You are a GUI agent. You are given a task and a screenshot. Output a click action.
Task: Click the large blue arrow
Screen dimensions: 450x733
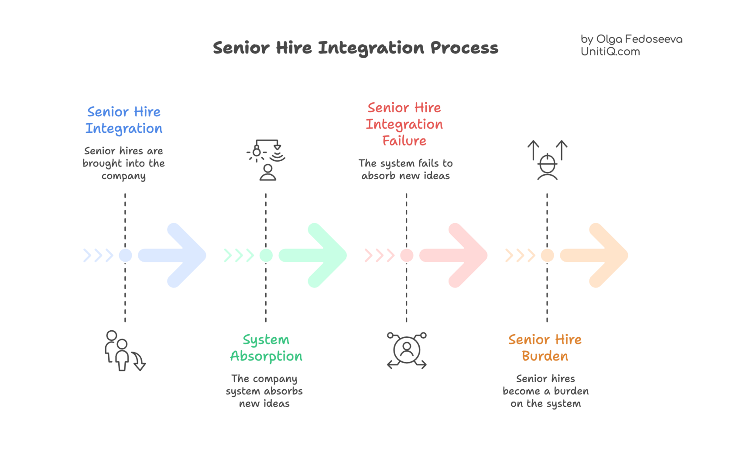coord(175,255)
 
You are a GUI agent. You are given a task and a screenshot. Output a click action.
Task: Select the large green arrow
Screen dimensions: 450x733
coord(315,255)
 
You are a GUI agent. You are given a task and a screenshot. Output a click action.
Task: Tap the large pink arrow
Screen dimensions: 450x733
coord(456,255)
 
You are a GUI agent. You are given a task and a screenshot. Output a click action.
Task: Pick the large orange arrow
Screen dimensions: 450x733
coord(597,255)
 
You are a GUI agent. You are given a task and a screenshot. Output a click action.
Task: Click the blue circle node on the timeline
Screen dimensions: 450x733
coord(125,255)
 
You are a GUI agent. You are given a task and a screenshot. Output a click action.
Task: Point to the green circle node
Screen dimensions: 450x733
coord(266,255)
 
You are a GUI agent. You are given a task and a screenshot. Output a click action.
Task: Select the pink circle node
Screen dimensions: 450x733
coord(407,255)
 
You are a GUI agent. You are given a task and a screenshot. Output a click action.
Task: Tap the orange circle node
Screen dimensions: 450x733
coord(547,255)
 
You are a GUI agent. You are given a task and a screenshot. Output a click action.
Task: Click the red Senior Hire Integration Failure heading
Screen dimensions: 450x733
coord(404,124)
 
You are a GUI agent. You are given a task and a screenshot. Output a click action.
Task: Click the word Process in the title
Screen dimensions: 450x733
coord(464,48)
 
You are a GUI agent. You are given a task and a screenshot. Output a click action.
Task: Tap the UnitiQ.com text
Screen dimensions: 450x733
coord(610,52)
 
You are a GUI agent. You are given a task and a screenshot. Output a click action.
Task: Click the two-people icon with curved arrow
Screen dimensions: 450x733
coord(123,351)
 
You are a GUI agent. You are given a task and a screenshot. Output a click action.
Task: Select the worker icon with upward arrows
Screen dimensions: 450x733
coord(547,160)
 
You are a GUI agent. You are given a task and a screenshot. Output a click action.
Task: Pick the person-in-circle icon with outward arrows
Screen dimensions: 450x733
coord(407,350)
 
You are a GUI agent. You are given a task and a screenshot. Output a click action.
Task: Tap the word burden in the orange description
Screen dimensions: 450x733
coord(571,391)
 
